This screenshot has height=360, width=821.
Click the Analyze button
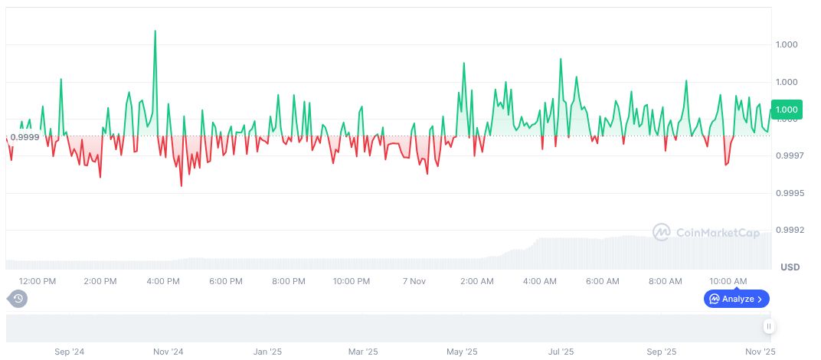pos(736,299)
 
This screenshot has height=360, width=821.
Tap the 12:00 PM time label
pos(38,281)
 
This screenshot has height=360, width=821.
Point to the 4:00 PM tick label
pos(163,281)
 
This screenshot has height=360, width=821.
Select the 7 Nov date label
pos(414,281)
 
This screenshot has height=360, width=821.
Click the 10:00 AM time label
pos(728,281)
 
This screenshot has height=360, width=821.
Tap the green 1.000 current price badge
pos(787,110)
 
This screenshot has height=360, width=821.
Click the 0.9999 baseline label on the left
pos(25,137)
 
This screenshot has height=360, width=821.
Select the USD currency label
pos(790,267)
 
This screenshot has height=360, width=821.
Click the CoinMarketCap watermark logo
pos(706,232)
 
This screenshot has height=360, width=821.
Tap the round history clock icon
pos(18,299)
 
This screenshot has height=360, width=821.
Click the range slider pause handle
pos(768,326)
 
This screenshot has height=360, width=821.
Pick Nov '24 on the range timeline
pos(168,352)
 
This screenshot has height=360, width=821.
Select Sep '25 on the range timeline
pos(662,352)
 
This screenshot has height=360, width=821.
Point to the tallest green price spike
pos(155,32)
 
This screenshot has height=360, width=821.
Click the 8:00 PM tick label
pos(289,281)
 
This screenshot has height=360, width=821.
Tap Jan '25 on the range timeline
pos(267,352)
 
